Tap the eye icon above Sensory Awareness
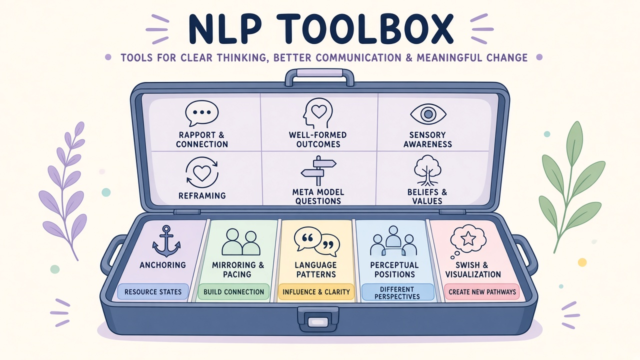428,114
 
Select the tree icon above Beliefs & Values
427,170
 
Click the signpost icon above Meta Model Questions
318,171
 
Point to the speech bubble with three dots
201,113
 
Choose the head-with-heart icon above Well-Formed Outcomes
317,113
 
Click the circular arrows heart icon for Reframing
201,172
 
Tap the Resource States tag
153,291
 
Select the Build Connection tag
233,291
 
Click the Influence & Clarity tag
316,291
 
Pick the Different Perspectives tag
397,292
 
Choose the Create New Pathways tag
482,291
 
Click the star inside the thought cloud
468,238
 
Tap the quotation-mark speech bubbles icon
317,241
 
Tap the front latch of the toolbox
318,319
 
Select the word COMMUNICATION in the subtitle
358,57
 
